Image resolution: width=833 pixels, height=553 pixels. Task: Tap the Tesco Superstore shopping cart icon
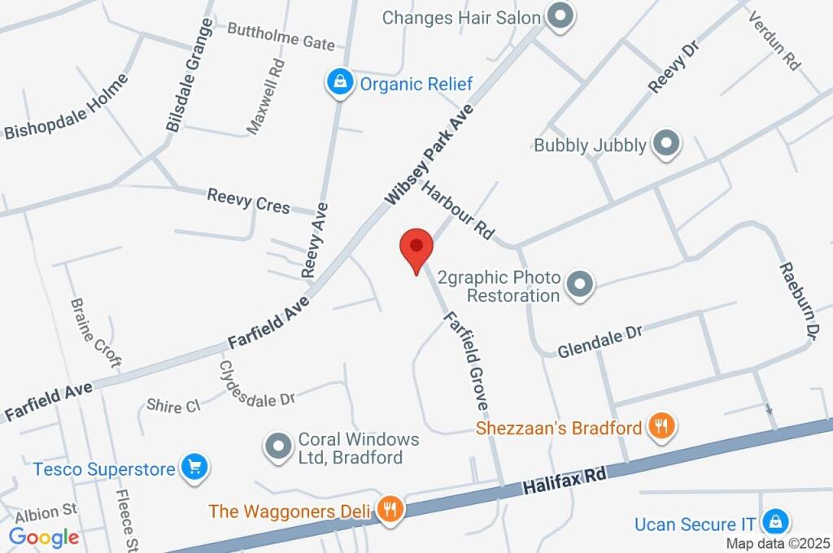(194, 467)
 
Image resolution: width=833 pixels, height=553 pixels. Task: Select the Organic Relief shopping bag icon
(338, 82)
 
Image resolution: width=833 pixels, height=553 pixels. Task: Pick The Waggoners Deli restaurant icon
(391, 510)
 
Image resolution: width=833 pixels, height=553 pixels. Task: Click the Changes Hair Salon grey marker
(559, 15)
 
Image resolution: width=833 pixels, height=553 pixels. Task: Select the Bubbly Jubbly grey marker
(666, 144)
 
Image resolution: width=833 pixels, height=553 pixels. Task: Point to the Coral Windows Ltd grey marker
(280, 446)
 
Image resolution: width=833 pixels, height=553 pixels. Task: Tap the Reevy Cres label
(248, 200)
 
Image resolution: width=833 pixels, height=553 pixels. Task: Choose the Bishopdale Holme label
(67, 107)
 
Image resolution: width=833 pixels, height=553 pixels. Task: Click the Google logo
(44, 537)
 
